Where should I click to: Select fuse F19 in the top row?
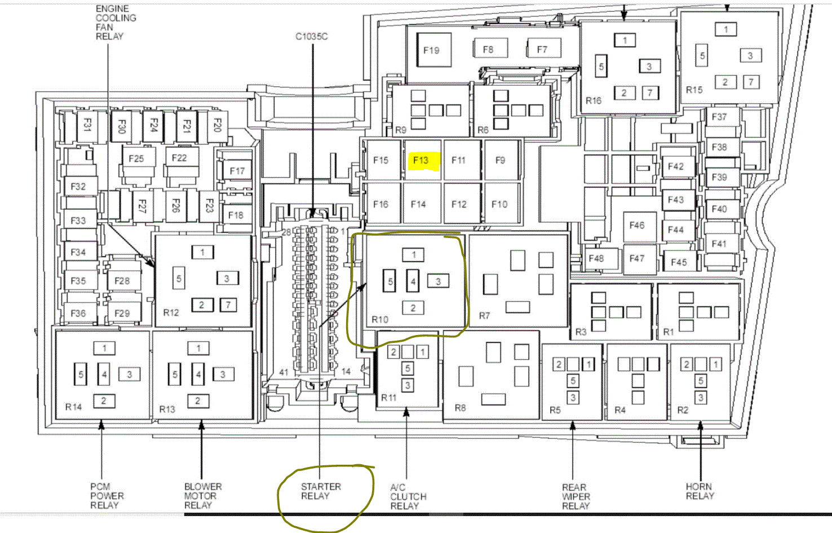pyautogui.click(x=434, y=50)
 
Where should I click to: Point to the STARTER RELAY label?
pyautogui.click(x=321, y=491)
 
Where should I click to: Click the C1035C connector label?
pyautogui.click(x=312, y=37)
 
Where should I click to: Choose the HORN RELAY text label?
pyautogui.click(x=700, y=491)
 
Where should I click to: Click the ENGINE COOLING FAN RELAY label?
pyautogui.click(x=116, y=23)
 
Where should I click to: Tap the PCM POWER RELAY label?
pyautogui.click(x=107, y=496)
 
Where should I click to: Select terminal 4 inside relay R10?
pyautogui.click(x=413, y=281)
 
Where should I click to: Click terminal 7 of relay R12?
pyautogui.click(x=228, y=305)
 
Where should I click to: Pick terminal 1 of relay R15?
pyautogui.click(x=726, y=29)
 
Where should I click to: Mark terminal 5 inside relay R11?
pyautogui.click(x=408, y=368)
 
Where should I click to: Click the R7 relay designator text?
pyautogui.click(x=484, y=315)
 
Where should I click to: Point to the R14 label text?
pyautogui.click(x=73, y=407)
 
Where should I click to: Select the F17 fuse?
pyautogui.click(x=237, y=170)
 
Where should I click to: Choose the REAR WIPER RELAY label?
pyautogui.click(x=576, y=496)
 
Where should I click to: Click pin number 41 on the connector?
pyautogui.click(x=284, y=372)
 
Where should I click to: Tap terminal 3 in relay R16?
pyautogui.click(x=649, y=66)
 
